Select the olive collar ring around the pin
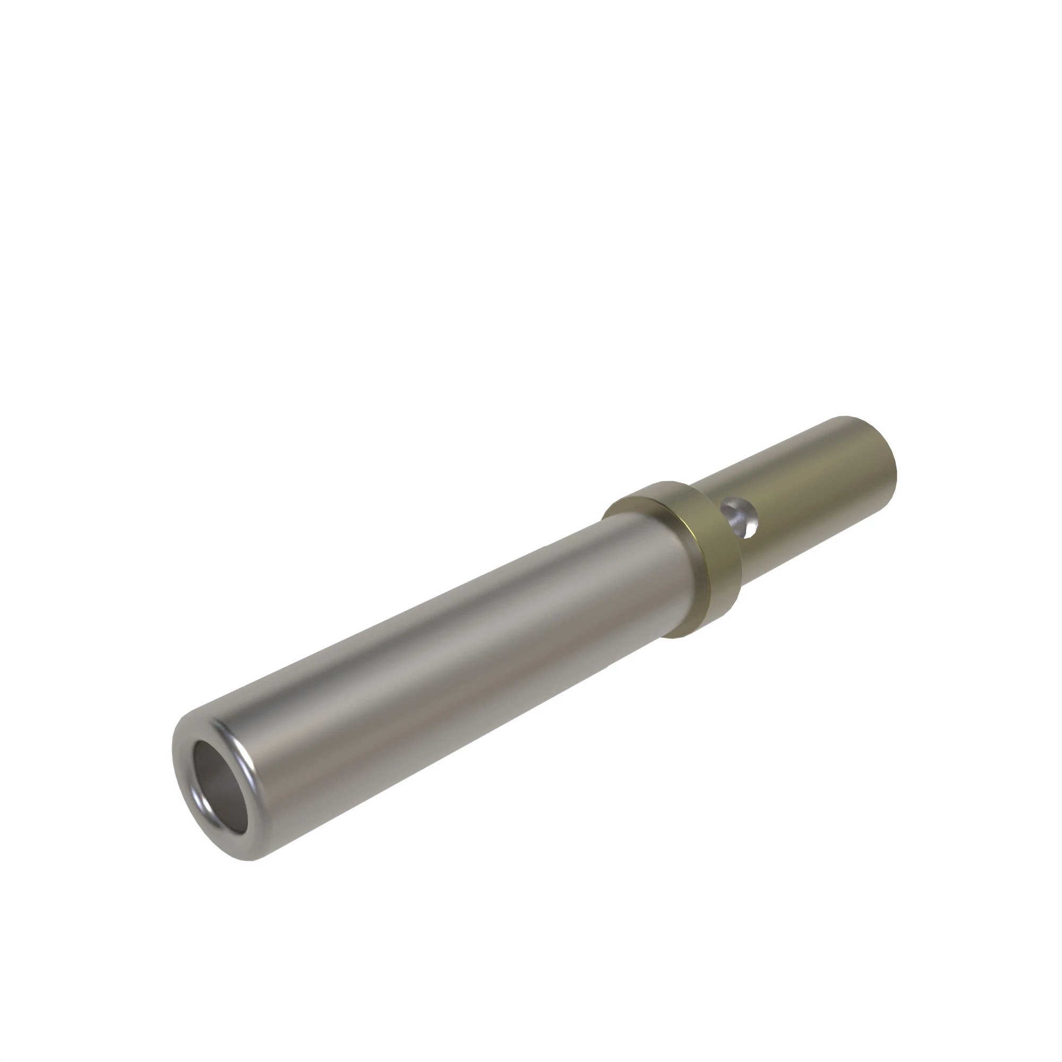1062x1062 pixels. click(x=709, y=561)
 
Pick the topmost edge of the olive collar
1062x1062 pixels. click(x=668, y=482)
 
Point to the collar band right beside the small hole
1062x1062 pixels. click(x=715, y=522)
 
